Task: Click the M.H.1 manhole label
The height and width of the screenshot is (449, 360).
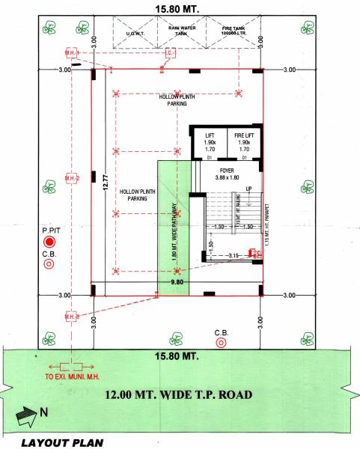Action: tap(70, 53)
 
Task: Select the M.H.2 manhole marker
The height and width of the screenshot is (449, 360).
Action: tap(71, 179)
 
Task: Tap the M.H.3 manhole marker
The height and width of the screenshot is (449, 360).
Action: tap(71, 314)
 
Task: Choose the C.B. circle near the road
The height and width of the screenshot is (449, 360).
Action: tap(221, 343)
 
